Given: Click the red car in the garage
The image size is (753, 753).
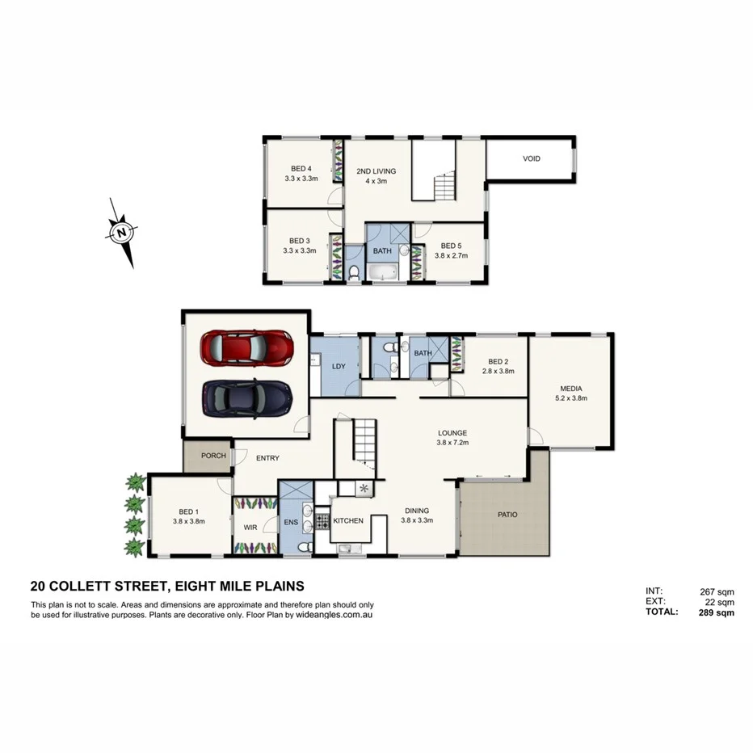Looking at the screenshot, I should coord(247,347).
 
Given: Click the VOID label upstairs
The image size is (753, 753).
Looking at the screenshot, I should coord(531,158).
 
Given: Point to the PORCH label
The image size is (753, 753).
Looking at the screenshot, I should coord(213,456).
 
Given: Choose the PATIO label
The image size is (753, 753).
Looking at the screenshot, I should coord(507,515).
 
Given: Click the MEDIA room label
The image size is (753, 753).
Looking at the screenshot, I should coord(570,389).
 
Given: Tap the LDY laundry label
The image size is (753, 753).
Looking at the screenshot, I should coord(339,366).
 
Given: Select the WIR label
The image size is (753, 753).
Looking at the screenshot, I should coord(250,528).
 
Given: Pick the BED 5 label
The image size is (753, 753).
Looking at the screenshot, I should coord(451,246).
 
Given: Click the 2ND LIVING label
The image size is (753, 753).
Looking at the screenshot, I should coord(376,171).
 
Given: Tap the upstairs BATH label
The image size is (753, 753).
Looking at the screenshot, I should coord(382,250).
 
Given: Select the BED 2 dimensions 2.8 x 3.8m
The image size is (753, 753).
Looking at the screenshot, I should coord(498,371).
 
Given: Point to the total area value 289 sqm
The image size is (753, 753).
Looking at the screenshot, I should coord(716,613).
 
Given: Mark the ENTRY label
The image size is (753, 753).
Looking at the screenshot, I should coord(267,458).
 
